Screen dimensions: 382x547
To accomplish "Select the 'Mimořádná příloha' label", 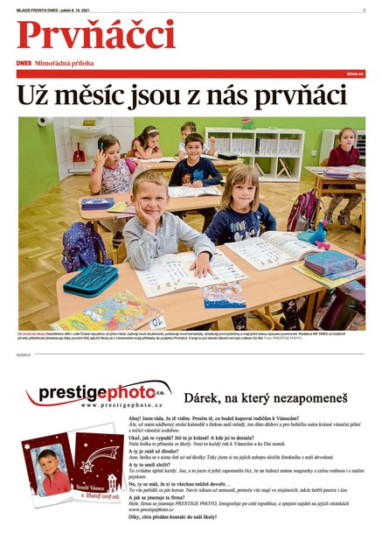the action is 65,64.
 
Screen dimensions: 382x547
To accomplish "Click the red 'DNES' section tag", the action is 24,64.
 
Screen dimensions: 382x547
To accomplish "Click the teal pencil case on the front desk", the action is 91,279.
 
